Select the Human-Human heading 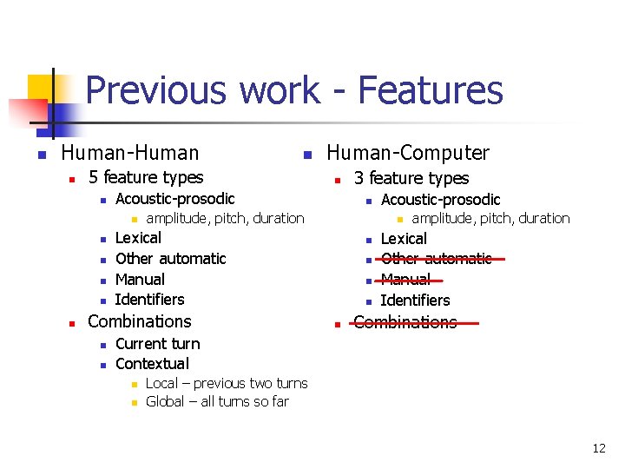130,154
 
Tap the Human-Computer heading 407,154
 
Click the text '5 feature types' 146,178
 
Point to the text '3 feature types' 411,179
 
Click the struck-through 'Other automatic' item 437,259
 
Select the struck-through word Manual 405,280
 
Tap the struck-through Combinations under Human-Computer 405,322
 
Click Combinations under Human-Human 139,321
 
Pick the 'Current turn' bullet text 157,344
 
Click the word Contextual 152,364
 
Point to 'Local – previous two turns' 226,383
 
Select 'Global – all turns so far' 217,401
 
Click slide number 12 599,448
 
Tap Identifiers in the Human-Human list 149,300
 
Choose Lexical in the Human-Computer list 404,239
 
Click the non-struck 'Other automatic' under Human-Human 170,259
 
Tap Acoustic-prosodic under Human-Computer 440,200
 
